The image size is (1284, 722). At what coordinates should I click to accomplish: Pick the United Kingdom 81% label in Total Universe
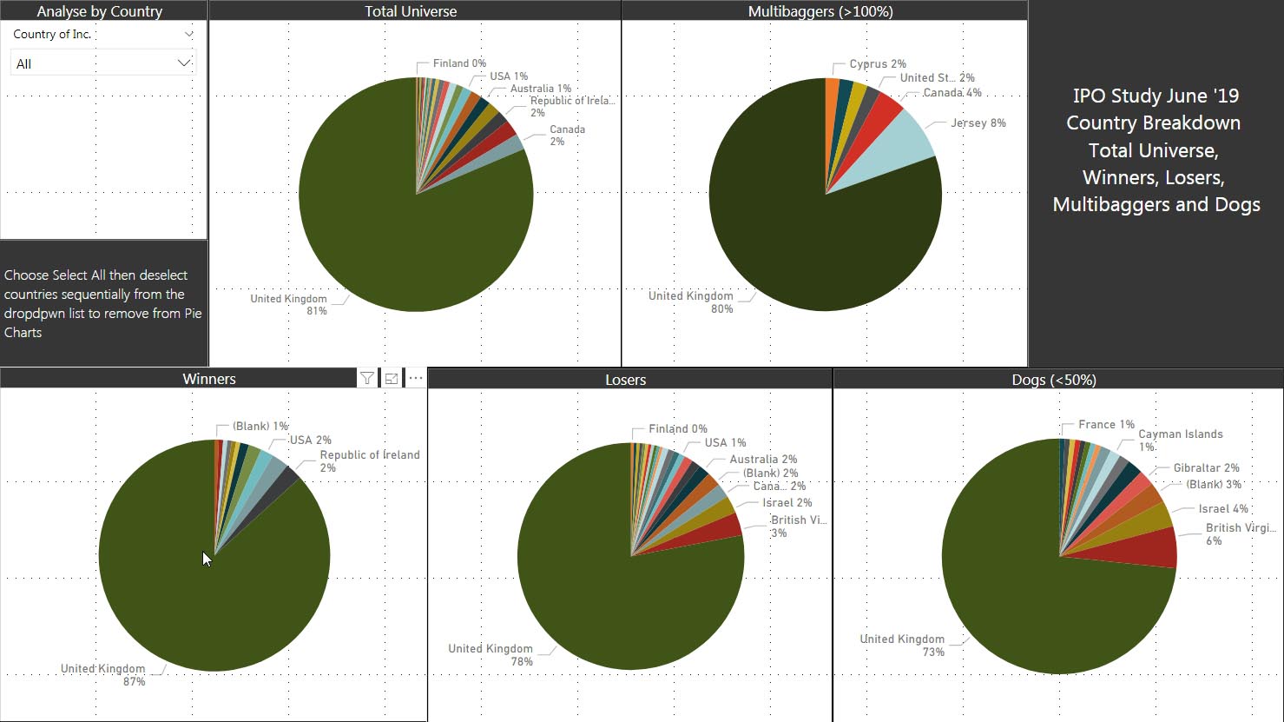click(289, 304)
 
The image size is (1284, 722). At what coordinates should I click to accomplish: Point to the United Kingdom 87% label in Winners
click(103, 675)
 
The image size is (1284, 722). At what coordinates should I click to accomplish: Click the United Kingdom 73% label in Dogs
click(902, 645)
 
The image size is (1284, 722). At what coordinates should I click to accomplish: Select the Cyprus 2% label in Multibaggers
click(878, 64)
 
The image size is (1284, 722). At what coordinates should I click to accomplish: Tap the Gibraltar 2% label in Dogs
click(1206, 468)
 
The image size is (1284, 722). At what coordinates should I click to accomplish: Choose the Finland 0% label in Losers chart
click(677, 429)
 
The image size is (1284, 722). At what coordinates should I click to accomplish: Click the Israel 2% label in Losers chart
click(787, 503)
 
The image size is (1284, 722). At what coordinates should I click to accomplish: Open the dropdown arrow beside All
click(183, 63)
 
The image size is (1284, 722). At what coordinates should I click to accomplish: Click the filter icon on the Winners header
click(367, 378)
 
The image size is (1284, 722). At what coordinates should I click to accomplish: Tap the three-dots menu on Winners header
click(416, 378)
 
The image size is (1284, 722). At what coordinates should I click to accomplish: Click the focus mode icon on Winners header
click(392, 378)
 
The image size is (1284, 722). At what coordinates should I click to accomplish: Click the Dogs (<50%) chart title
click(1054, 380)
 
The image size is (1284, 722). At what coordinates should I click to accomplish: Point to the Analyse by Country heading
click(100, 11)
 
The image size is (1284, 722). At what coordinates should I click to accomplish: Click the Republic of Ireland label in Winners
click(369, 455)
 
